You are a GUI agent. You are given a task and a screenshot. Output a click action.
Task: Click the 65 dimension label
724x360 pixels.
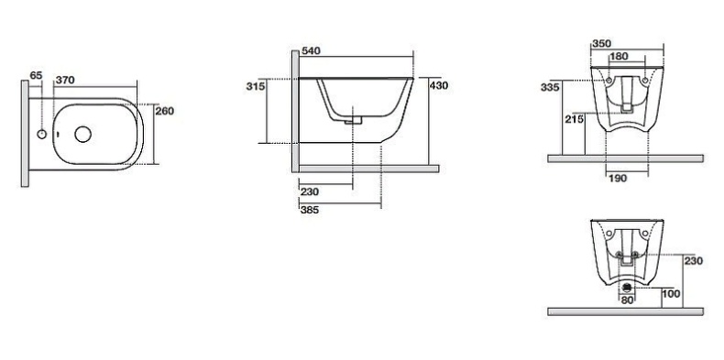click(x=36, y=75)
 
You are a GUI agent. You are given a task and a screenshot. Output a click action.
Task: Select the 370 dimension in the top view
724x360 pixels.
click(x=65, y=81)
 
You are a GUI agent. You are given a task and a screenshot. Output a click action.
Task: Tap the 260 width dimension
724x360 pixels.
click(x=164, y=111)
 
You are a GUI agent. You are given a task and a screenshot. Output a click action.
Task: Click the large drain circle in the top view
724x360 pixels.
click(x=83, y=135)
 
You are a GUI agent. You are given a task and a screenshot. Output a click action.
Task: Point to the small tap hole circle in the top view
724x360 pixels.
click(x=41, y=135)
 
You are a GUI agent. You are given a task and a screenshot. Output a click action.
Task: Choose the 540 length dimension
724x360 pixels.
click(x=311, y=50)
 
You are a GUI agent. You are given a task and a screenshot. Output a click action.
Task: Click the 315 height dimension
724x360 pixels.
click(x=256, y=86)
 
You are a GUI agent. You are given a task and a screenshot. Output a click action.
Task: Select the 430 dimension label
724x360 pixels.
click(x=439, y=85)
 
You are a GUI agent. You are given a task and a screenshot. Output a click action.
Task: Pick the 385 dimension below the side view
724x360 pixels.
click(x=310, y=210)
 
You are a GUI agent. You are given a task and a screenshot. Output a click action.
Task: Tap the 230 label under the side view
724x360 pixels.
click(x=310, y=191)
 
